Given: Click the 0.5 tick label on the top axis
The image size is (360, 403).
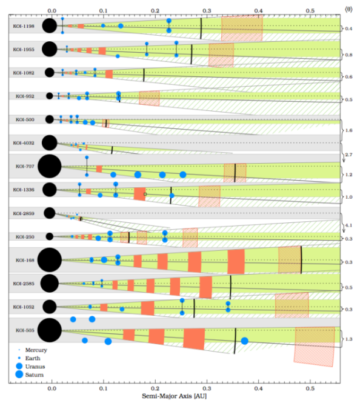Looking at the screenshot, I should tap(310, 10).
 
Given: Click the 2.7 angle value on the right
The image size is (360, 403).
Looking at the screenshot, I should tap(348, 156).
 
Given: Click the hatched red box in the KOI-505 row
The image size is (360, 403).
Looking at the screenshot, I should tap(315, 345).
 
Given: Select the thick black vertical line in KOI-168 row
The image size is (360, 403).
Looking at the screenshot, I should tap(301, 261).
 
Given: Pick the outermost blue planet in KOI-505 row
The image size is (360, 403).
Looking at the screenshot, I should tap(244, 341).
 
